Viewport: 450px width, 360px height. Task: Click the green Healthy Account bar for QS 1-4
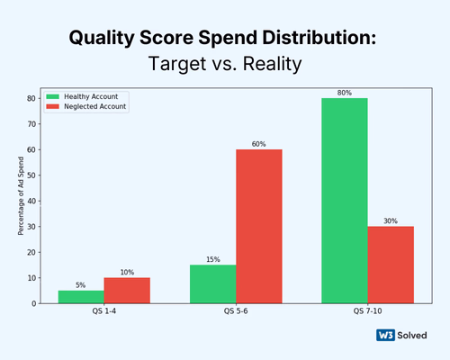click(x=81, y=297)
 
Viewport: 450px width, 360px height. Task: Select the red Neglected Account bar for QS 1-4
click(x=127, y=291)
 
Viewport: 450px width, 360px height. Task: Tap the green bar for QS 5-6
click(x=212, y=283)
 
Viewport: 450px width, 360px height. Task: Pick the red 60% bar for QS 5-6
click(x=259, y=226)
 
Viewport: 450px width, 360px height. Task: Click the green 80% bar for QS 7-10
click(x=345, y=200)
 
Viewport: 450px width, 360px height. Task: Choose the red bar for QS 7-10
click(x=391, y=265)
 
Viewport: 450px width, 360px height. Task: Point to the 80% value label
click(x=345, y=92)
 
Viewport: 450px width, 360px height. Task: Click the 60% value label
click(x=259, y=144)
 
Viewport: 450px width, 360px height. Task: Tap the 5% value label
click(x=81, y=285)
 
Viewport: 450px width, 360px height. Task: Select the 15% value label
click(x=212, y=260)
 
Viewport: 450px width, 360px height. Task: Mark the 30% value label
click(x=391, y=220)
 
